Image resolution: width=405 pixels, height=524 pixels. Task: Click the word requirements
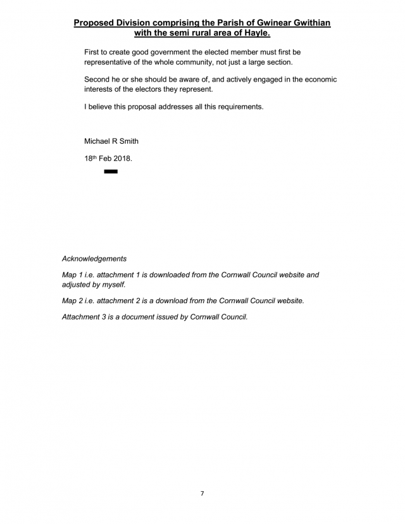tap(236, 107)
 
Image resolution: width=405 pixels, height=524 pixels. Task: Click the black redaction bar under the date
tap(111, 172)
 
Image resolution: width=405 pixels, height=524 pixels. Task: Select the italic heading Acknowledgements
tap(94, 259)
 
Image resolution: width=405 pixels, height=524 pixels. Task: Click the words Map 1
tap(73, 275)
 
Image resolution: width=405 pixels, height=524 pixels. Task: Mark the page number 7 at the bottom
tap(202, 493)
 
